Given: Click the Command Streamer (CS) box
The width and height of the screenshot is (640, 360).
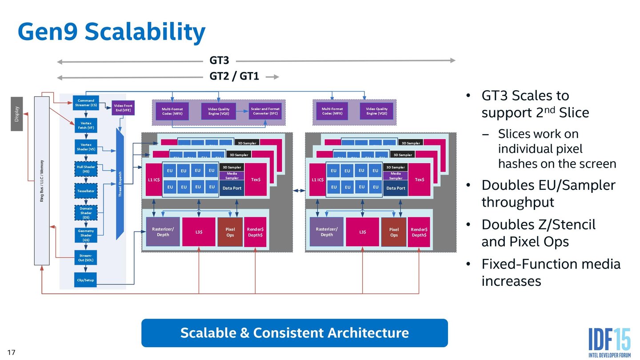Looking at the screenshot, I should [x=86, y=103].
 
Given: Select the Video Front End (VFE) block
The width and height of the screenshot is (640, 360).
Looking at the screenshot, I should [x=123, y=108].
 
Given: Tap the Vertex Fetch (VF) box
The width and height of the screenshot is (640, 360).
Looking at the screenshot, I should [x=86, y=125].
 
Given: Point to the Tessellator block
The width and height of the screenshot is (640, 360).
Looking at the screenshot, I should [x=86, y=191].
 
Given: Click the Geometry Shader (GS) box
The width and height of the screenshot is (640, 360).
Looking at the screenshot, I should [x=86, y=236].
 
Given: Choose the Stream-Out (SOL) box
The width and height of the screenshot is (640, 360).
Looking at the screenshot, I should [x=86, y=258].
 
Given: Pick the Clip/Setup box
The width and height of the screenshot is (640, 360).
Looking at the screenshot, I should [x=86, y=280].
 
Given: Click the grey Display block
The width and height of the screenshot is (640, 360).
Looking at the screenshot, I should [x=16, y=114].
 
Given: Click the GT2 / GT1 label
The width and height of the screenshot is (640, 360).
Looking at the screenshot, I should [x=234, y=76].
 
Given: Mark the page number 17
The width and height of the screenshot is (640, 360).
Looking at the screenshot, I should [x=12, y=352].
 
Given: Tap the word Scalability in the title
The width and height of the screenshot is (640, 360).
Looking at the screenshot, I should [x=144, y=32].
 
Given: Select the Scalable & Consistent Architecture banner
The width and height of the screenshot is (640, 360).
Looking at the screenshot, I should [x=294, y=332].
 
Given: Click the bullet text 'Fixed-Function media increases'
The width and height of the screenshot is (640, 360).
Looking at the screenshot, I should [x=550, y=272].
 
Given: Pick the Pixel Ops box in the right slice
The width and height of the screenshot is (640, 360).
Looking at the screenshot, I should [x=394, y=232].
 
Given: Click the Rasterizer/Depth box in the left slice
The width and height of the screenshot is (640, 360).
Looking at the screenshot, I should [x=163, y=232].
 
